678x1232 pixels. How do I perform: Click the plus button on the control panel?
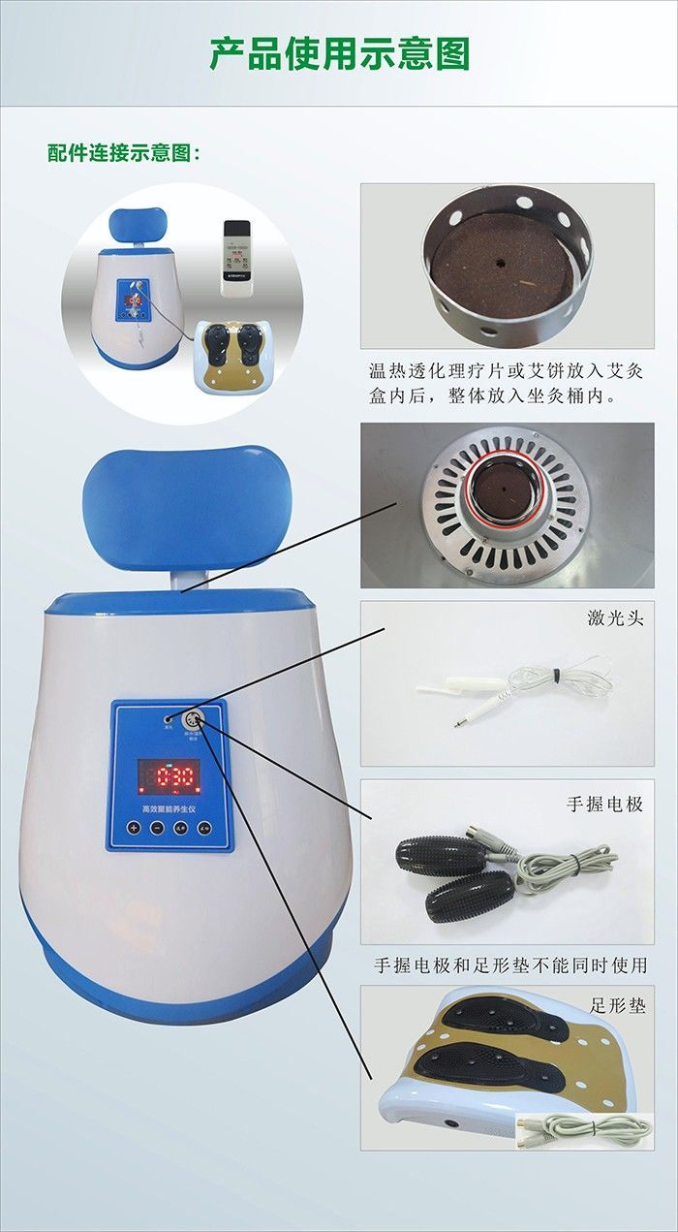(133, 828)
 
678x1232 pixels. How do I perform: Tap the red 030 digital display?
(169, 775)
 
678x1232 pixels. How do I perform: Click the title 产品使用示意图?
(339, 53)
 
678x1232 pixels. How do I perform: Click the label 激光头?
(616, 617)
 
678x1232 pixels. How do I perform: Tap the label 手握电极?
(604, 805)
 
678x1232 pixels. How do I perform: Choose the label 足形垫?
(616, 1005)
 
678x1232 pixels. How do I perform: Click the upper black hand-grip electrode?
(441, 856)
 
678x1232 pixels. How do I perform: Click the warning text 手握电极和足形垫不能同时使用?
(510, 965)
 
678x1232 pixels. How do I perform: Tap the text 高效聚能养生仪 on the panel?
(169, 806)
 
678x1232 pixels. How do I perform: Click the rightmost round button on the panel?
(204, 828)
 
